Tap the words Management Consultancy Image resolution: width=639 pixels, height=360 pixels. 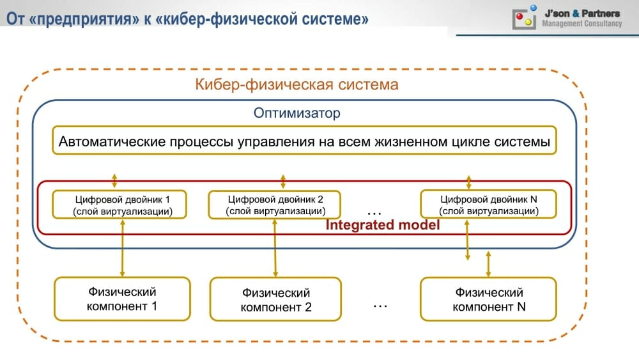tap(582, 24)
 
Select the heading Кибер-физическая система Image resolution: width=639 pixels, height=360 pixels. tap(296, 84)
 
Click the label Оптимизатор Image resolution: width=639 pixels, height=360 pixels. tap(296, 113)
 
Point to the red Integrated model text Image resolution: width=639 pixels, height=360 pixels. tap(383, 224)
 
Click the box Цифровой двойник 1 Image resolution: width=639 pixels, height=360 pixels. tap(119, 205)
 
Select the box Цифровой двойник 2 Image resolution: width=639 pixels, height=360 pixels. tap(275, 205)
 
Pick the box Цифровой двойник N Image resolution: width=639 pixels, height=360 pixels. tap(488, 204)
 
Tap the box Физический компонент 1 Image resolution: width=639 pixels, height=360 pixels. tap(122, 299)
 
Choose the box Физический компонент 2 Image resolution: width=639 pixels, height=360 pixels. tap(275, 299)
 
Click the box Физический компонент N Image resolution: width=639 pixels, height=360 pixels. tap(488, 299)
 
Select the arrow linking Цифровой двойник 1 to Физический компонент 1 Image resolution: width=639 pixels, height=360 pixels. tap(122, 248)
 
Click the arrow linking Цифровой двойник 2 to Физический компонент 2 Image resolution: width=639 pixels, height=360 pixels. tap(275, 248)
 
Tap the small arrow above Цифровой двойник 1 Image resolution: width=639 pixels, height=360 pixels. tap(114, 180)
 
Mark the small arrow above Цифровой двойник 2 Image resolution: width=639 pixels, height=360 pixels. tap(283, 181)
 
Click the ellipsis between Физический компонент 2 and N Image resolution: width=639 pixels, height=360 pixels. tap(380, 306)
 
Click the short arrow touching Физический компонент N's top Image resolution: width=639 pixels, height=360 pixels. tap(488, 264)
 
